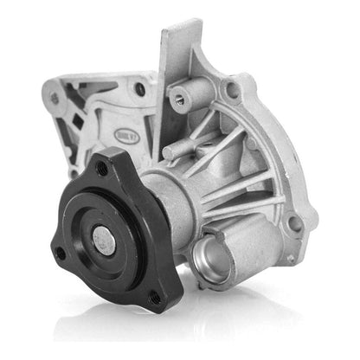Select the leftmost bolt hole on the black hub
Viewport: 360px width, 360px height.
tap(60, 254)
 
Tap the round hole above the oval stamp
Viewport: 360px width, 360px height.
tap(139, 88)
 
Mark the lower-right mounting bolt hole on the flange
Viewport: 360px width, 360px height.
tap(294, 223)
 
